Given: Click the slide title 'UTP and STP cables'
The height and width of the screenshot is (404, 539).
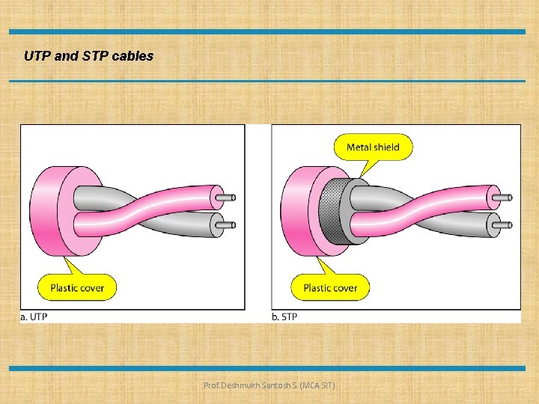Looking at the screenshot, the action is point(88,55).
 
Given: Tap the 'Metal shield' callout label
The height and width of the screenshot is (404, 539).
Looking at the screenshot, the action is point(373,147).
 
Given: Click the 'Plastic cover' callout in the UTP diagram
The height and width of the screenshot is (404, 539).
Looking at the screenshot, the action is point(77,287).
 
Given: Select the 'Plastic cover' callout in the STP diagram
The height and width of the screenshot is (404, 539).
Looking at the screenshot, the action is point(330,287).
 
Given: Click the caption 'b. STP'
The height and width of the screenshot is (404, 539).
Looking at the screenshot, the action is point(284,316).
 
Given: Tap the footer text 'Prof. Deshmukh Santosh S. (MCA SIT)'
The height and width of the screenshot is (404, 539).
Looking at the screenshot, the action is point(269,385).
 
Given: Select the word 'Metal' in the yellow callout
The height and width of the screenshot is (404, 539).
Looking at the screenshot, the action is point(359,147).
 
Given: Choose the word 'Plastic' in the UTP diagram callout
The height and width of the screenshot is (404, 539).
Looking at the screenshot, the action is point(66,287).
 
